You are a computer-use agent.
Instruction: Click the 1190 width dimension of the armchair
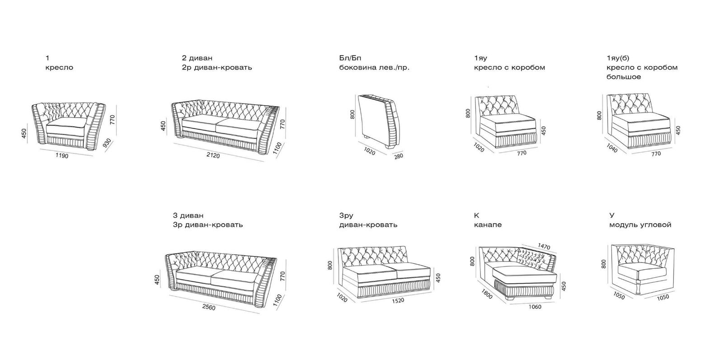click(x=62, y=155)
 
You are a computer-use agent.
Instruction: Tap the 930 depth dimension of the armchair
click(x=107, y=143)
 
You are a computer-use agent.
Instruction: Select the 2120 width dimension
click(x=213, y=155)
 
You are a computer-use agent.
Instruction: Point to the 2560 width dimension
click(x=208, y=307)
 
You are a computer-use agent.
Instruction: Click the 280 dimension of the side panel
click(x=398, y=156)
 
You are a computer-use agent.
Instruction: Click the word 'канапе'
click(x=488, y=225)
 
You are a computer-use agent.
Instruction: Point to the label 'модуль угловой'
click(x=640, y=225)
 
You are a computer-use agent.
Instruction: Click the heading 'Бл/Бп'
click(x=350, y=58)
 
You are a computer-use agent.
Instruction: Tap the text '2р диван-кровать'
click(x=217, y=68)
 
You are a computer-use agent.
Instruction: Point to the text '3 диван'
click(x=188, y=215)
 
